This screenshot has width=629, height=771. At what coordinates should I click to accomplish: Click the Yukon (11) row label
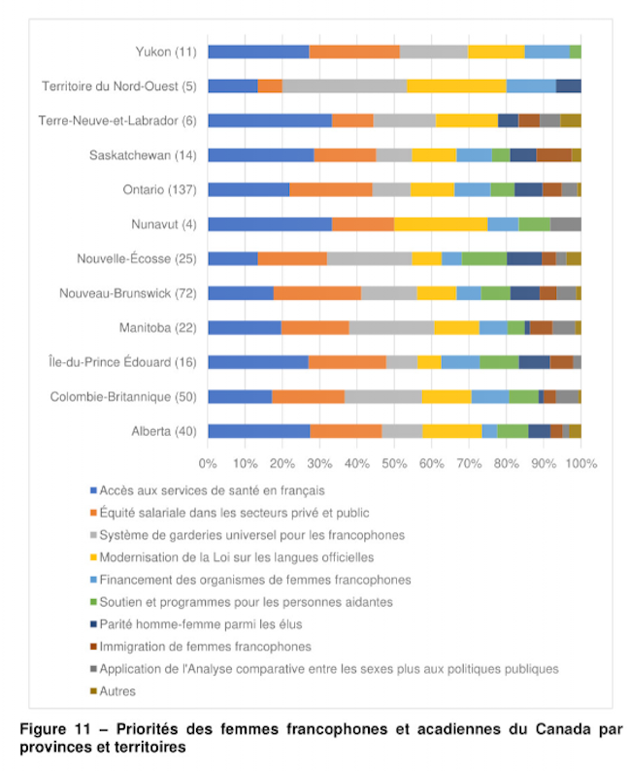[166, 51]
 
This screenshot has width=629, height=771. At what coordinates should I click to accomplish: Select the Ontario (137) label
[160, 189]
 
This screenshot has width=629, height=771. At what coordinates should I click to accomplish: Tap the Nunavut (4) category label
[164, 224]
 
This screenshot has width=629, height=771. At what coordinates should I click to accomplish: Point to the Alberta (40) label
[164, 431]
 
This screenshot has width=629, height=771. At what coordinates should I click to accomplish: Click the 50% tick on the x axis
[394, 464]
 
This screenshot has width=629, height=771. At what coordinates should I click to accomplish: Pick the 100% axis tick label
[581, 464]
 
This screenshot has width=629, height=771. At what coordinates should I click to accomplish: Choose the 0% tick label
[208, 464]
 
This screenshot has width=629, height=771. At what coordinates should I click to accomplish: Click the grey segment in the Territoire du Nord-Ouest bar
[345, 86]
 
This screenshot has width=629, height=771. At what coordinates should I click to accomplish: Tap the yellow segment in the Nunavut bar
[441, 224]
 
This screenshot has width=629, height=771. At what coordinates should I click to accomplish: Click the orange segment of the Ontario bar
[331, 189]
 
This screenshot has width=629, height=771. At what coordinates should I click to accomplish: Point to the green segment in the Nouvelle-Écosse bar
[484, 258]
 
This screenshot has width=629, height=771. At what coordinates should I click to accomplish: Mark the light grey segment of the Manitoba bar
[391, 327]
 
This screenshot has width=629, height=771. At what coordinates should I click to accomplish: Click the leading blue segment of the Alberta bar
[259, 431]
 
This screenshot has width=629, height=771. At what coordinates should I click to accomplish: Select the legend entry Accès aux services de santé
[208, 490]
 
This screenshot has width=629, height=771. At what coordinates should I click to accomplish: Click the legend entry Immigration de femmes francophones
[201, 647]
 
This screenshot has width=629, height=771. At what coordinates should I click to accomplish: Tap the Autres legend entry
[113, 691]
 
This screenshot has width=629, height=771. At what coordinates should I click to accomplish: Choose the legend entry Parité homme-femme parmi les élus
[196, 624]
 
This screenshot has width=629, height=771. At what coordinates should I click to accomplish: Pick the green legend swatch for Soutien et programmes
[93, 602]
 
